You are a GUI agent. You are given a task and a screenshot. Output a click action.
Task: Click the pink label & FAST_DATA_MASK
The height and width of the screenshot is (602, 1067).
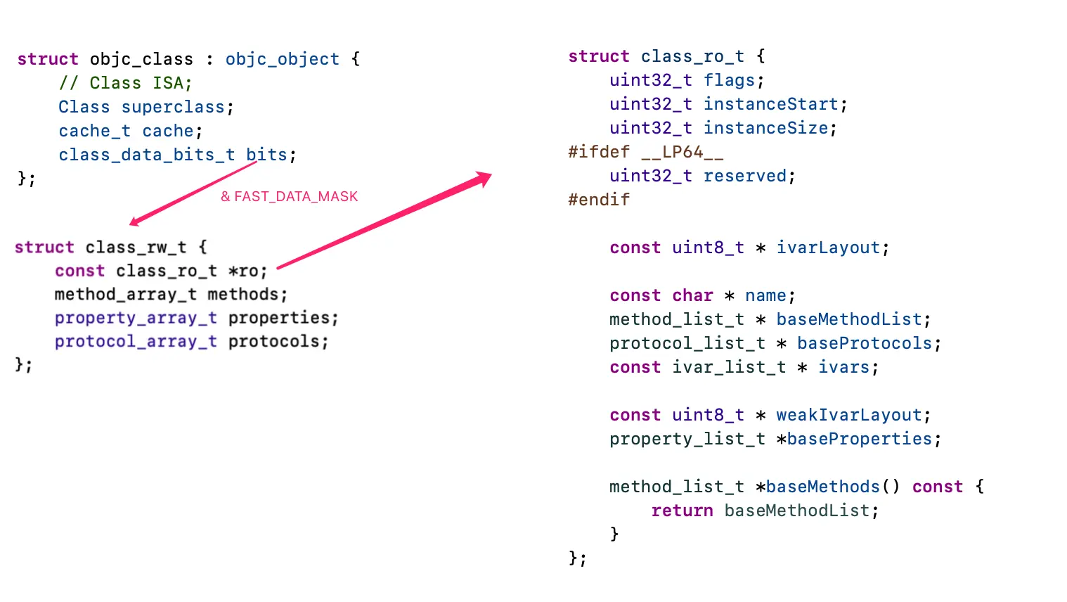(289, 197)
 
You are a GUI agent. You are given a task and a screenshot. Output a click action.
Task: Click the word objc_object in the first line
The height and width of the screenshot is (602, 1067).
(282, 59)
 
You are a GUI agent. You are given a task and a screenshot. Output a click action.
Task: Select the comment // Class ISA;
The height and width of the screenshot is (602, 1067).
(125, 83)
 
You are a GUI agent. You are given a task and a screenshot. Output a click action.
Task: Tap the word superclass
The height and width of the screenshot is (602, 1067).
(173, 107)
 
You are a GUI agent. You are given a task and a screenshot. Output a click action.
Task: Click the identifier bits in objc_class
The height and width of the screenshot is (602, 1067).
(266, 155)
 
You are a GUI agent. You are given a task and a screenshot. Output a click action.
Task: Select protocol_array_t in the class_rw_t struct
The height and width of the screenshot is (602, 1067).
(136, 342)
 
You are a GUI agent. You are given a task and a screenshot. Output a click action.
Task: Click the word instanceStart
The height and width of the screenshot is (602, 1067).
(771, 104)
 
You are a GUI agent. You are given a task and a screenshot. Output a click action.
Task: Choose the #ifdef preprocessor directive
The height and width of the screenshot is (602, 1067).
(599, 152)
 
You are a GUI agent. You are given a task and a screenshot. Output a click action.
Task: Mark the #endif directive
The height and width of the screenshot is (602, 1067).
(599, 200)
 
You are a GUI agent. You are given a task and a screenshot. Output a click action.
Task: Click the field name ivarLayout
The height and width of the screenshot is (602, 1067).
(828, 248)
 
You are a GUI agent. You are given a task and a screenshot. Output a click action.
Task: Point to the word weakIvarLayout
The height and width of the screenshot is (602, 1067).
(848, 415)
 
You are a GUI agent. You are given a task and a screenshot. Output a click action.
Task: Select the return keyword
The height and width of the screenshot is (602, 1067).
(682, 511)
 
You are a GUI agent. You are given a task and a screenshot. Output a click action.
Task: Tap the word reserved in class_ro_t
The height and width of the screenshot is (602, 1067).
(745, 176)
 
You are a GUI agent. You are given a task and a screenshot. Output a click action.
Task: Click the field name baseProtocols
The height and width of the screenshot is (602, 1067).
(864, 343)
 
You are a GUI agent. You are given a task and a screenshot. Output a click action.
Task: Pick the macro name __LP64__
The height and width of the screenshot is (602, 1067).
(682, 152)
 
